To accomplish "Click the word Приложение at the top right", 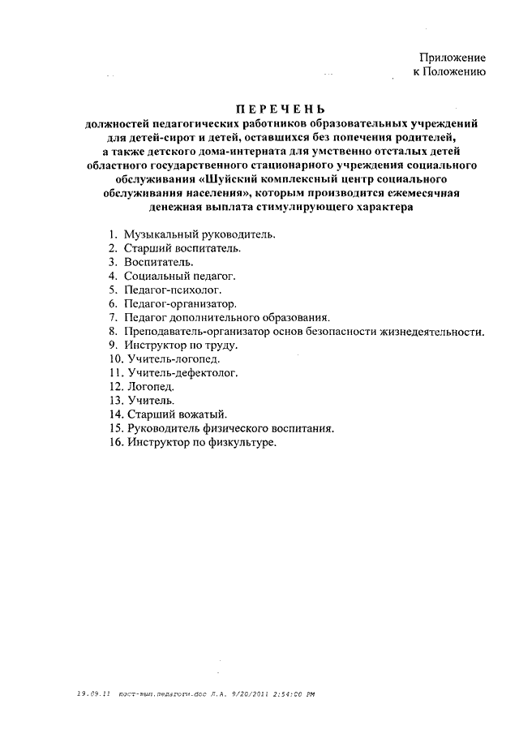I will coord(453,58).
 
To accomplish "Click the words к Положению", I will coord(449,72).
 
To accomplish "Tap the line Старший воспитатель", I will coord(182,248).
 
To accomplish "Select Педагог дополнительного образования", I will coord(227,317).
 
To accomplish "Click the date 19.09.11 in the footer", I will coord(92,694).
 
